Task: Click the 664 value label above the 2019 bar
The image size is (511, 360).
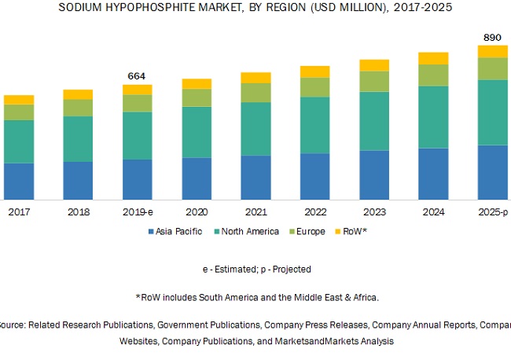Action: click(x=138, y=75)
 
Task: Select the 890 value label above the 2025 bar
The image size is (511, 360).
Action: click(x=493, y=37)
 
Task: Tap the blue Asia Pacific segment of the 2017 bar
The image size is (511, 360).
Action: click(x=19, y=181)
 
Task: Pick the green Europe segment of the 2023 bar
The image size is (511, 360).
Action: click(x=374, y=81)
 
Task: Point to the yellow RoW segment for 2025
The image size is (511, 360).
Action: click(x=493, y=51)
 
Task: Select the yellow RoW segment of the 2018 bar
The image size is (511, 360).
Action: click(x=78, y=94)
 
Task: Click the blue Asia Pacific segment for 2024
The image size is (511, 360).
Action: click(x=433, y=173)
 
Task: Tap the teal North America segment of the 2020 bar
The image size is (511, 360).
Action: click(x=197, y=132)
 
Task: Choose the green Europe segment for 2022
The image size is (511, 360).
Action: click(x=314, y=87)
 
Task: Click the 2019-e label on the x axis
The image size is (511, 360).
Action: click(x=138, y=211)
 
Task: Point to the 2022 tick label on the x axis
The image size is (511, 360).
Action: click(x=314, y=211)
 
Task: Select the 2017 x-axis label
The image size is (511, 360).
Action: click(x=19, y=211)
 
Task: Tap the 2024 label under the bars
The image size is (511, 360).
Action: click(x=433, y=211)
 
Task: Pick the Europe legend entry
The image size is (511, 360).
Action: click(x=308, y=231)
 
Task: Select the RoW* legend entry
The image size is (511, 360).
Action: click(x=351, y=231)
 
